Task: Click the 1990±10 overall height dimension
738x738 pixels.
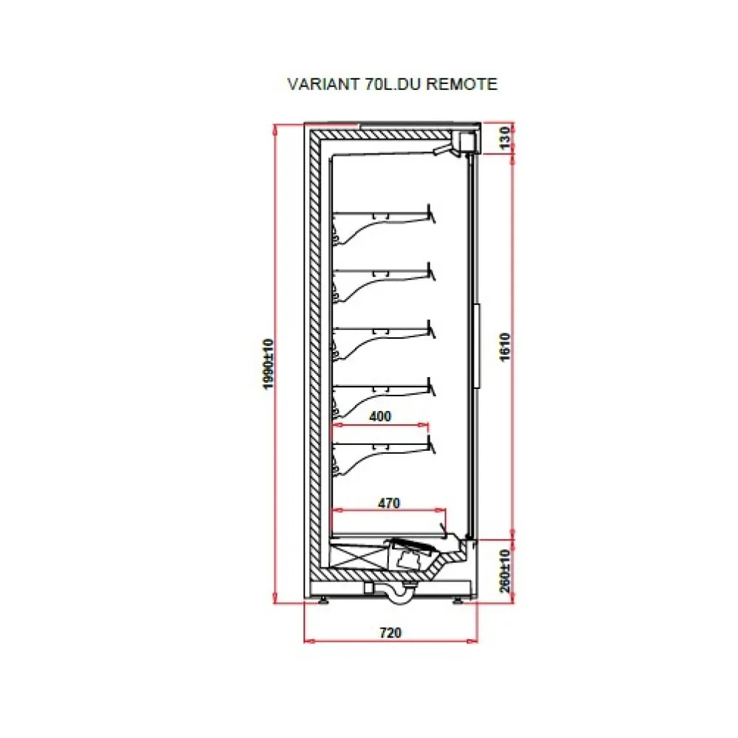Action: pos(268,365)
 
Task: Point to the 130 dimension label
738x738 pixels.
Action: pos(505,138)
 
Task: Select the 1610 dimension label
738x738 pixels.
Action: pos(505,346)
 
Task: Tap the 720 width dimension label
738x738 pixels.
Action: pos(390,632)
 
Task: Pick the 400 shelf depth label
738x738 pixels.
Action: pos(379,416)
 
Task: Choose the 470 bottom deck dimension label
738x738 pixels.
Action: pos(388,504)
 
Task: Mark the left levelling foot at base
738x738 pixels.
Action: pos(325,599)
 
